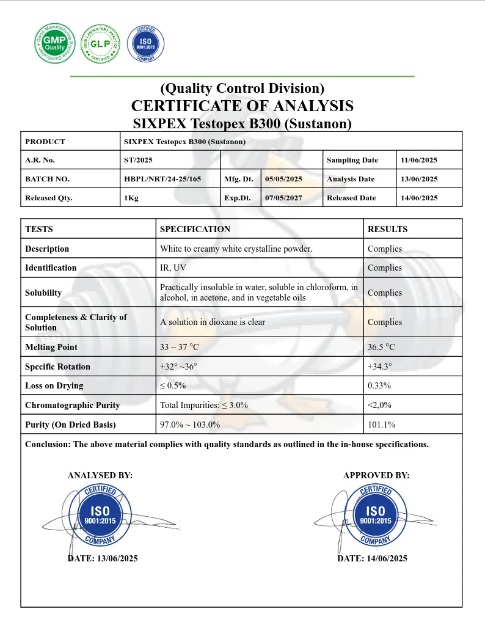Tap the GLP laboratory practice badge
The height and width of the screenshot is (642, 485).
(99, 43)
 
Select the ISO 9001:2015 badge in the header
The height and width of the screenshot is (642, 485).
(145, 44)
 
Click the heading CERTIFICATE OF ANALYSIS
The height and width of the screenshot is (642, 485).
(242, 106)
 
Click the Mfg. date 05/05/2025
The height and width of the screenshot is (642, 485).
(283, 179)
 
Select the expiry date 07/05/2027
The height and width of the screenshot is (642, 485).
(283, 198)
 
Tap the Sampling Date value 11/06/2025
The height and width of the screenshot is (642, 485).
(419, 160)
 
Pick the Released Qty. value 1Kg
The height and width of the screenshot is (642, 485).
(131, 198)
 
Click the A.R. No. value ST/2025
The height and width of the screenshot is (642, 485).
(138, 160)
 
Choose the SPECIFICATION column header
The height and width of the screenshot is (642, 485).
(195, 229)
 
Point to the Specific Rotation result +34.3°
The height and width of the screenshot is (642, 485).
(380, 367)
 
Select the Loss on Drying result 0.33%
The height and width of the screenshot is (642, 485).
(379, 385)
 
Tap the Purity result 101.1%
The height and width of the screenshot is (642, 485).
(381, 425)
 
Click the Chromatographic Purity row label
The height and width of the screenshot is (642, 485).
(72, 405)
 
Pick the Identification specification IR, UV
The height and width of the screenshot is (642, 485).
(173, 268)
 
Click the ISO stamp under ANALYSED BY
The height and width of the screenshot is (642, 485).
(100, 516)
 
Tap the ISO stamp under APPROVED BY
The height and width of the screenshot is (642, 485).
(375, 516)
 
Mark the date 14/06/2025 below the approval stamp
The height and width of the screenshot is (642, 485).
(372, 558)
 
